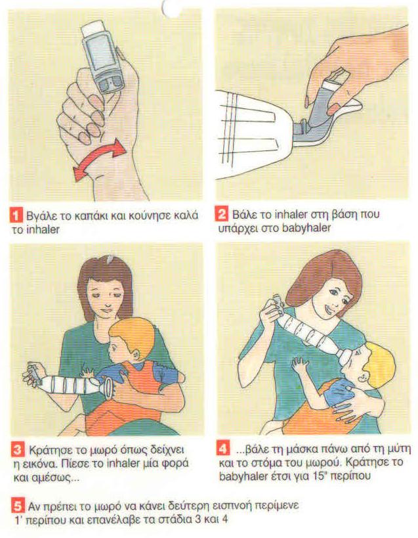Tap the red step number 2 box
click(222, 214)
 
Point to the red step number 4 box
click(223, 449)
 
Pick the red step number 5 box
click(18, 506)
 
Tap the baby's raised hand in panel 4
click(300, 365)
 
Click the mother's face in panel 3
click(104, 296)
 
